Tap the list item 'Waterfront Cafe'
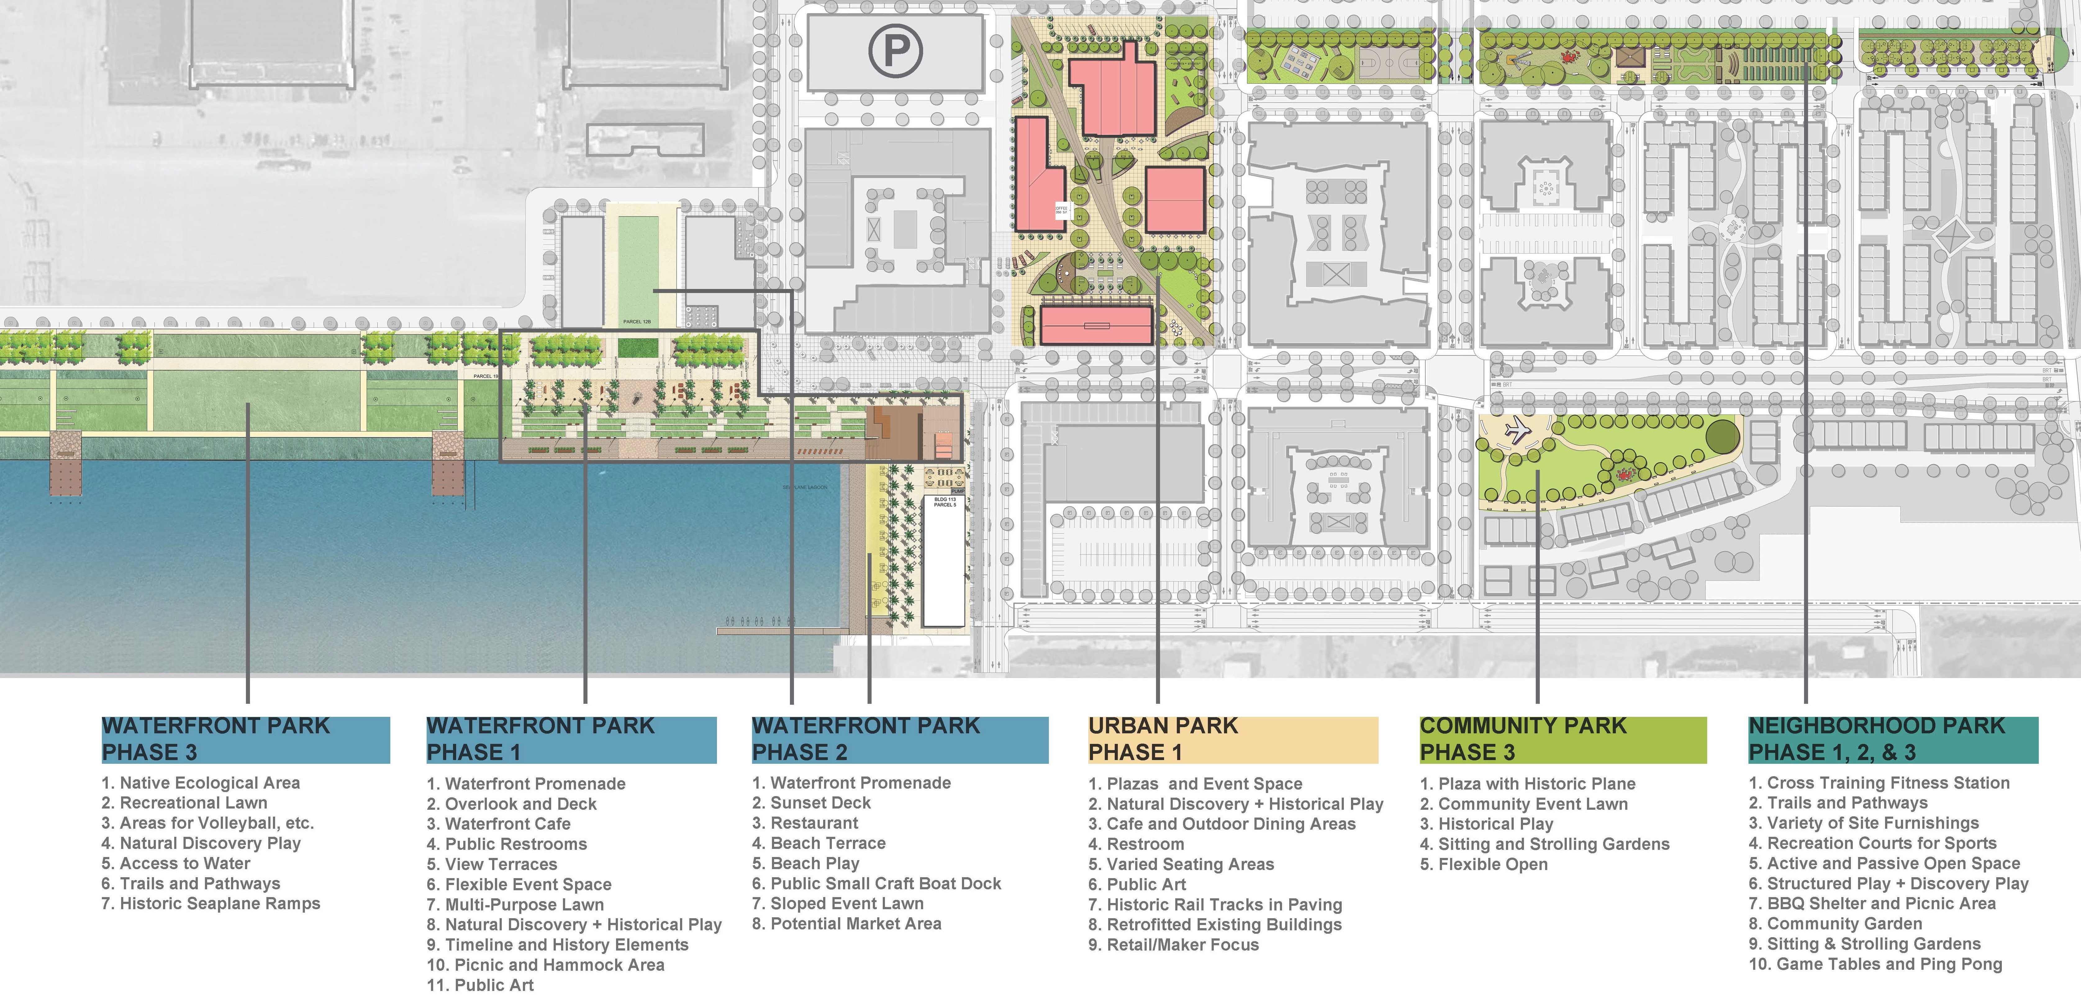point(498,824)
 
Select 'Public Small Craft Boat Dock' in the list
point(877,883)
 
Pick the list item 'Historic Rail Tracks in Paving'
point(1215,905)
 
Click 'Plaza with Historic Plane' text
point(1528,783)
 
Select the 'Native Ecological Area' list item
point(200,782)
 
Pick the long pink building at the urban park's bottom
point(1095,325)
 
